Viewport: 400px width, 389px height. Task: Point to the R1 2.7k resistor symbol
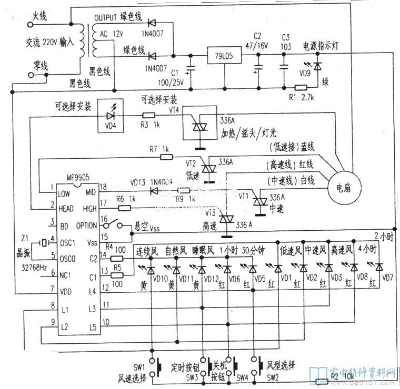tap(302, 87)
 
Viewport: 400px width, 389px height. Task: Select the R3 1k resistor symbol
tap(149, 115)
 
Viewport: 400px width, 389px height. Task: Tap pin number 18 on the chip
tap(104, 187)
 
